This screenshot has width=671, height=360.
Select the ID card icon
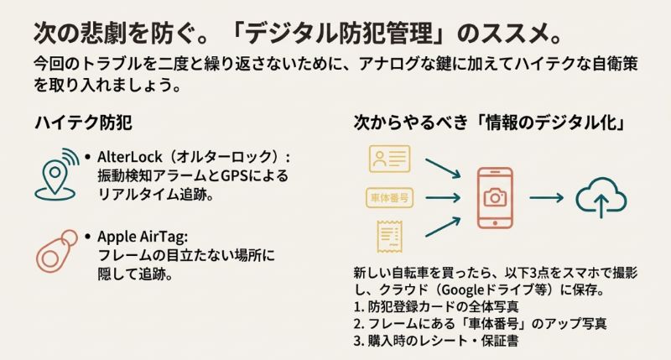pyautogui.click(x=388, y=159)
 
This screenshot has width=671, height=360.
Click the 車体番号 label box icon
pyautogui.click(x=388, y=198)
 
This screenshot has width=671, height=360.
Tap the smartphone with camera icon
pyautogui.click(x=495, y=198)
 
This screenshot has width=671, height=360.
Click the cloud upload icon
pyautogui.click(x=601, y=198)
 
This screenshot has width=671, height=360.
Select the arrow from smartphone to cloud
pyautogui.click(x=546, y=198)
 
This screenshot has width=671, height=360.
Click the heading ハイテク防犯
pyautogui.click(x=82, y=123)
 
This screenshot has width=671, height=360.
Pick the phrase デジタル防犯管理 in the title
pyautogui.click(x=328, y=34)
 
